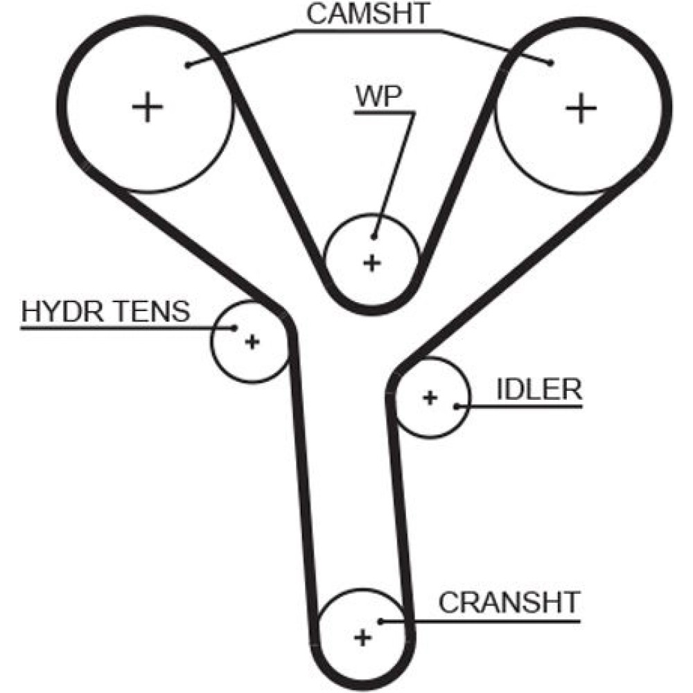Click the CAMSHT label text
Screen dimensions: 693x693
coord(369,15)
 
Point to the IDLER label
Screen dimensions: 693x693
coord(538,389)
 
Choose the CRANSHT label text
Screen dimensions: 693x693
coord(508,603)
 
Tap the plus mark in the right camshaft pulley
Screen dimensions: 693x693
coord(581,108)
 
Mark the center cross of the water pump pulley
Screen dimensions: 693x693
coord(372,263)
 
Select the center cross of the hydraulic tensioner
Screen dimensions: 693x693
coord(252,341)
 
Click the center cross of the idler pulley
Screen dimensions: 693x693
coord(430,397)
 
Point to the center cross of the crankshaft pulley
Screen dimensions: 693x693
coord(361,638)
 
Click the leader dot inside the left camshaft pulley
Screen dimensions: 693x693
coord(188,65)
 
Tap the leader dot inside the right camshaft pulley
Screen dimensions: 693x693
coord(551,63)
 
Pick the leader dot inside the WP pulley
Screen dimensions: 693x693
coord(375,236)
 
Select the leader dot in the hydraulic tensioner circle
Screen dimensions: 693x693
coord(235,327)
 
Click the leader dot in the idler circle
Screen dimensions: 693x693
coord(457,405)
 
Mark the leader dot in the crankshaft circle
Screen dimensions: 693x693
coord(380,620)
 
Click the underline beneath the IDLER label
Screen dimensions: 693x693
coord(527,406)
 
